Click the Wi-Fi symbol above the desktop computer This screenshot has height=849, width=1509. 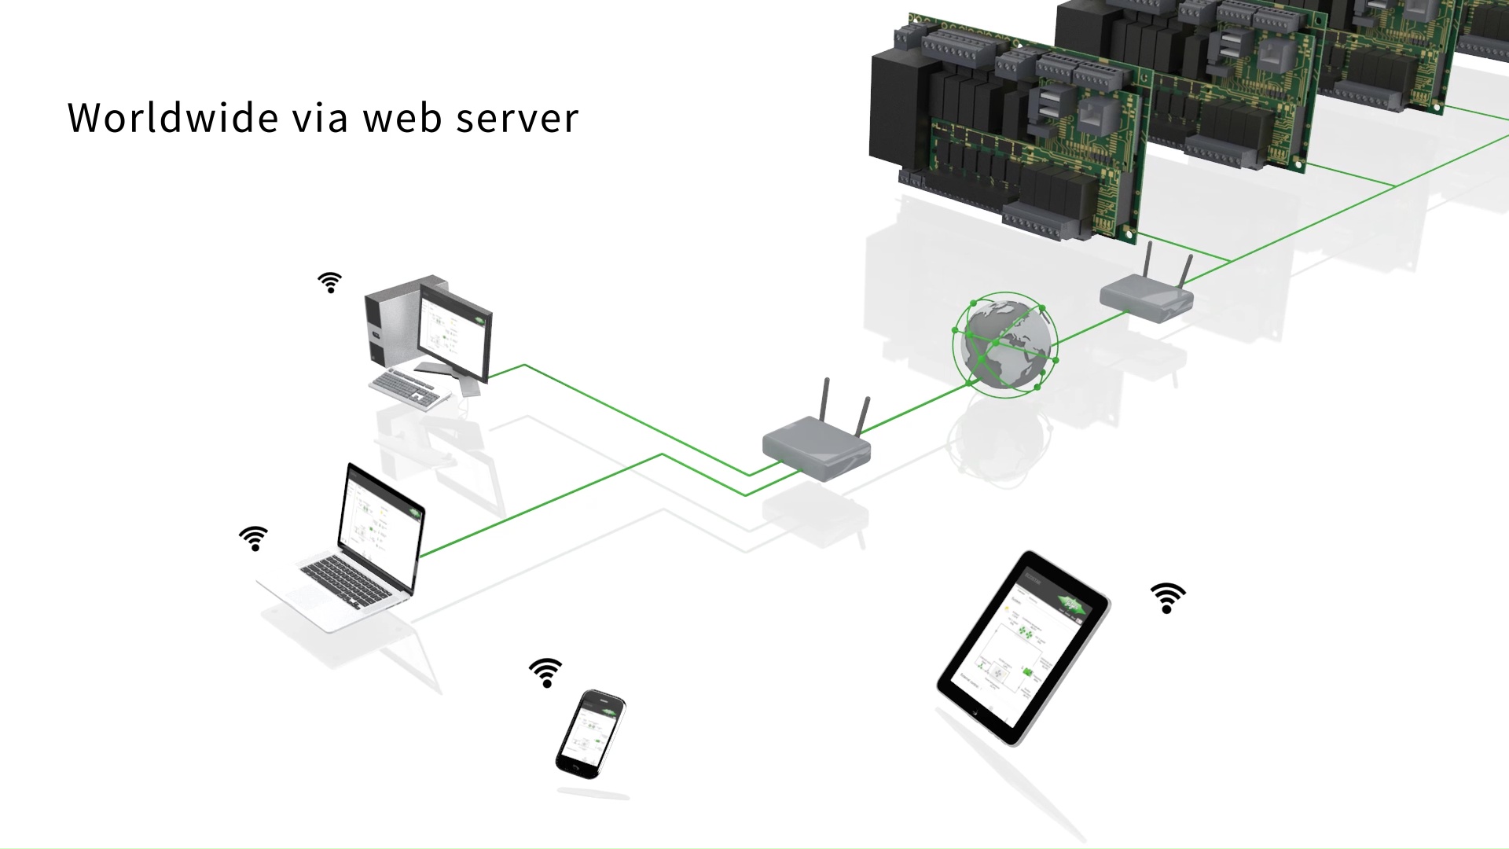330,283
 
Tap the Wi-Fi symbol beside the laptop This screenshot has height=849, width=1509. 254,538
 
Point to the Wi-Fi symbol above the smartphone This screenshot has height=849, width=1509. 546,673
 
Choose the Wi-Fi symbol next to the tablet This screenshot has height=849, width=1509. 1168,597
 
